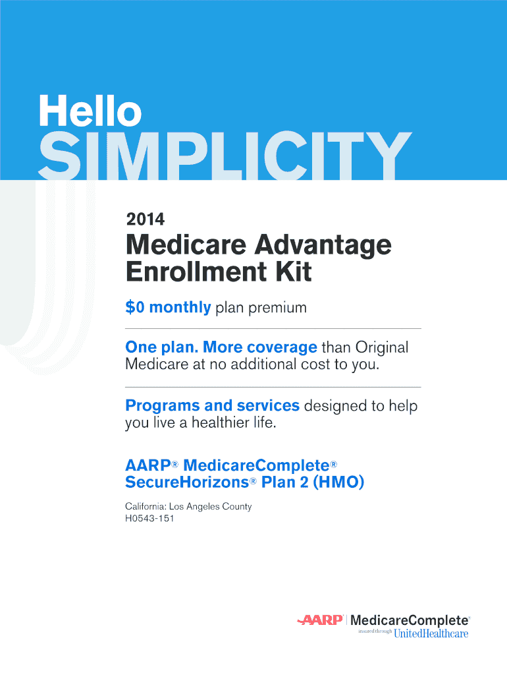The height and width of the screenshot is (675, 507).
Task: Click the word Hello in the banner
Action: coord(90,111)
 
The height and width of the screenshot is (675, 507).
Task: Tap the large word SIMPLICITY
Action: coord(225,156)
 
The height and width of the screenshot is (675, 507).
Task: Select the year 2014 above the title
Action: coord(146,219)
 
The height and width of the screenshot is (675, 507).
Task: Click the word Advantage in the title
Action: coord(323,246)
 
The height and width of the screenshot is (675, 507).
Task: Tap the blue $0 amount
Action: coord(134,307)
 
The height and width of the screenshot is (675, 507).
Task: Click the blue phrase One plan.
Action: coord(161,347)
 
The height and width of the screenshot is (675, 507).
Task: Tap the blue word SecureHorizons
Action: coord(187,482)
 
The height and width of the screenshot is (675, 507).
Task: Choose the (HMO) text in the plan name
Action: coord(338,482)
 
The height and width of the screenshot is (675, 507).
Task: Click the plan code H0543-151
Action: coord(149,518)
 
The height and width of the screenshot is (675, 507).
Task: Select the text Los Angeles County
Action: coord(210,507)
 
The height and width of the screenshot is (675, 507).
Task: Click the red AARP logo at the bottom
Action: coord(320,620)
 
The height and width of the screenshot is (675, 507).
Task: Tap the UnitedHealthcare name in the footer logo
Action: coord(431,633)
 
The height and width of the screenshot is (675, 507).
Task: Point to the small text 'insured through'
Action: coord(375,631)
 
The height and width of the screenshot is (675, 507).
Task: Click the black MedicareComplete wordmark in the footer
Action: coord(410,620)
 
